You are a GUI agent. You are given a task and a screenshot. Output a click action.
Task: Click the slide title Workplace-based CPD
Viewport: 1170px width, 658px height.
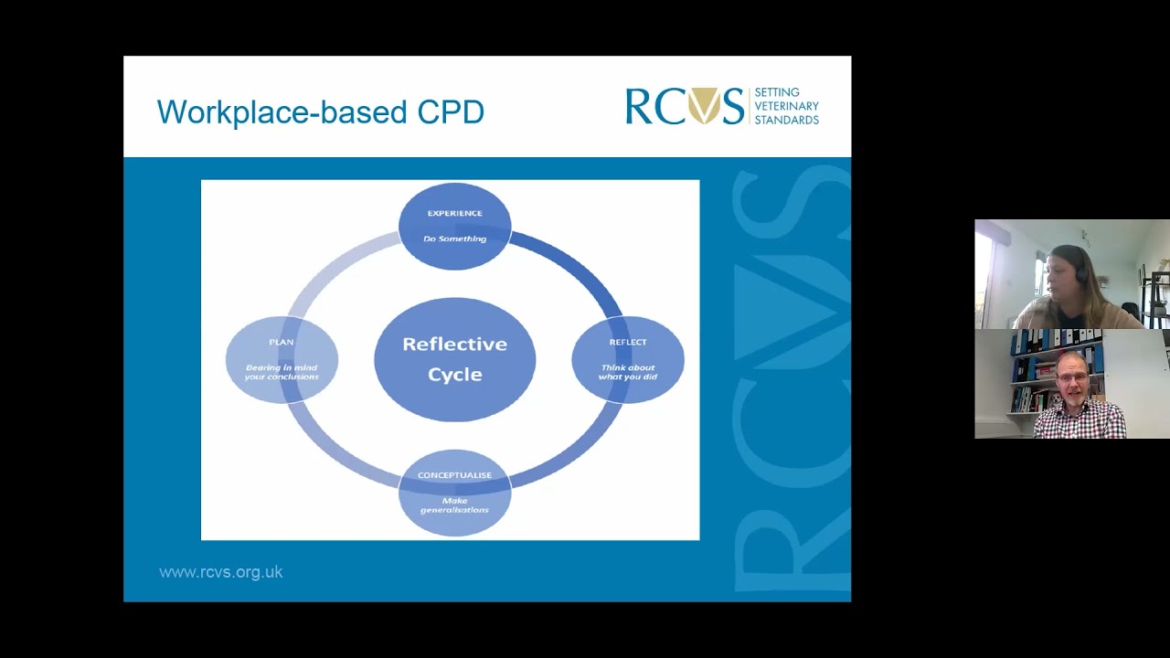[320, 111]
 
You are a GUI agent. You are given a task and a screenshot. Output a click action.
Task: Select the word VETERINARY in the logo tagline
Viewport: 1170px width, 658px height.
[787, 106]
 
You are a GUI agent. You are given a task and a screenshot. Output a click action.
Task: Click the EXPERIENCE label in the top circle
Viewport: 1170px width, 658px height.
[454, 213]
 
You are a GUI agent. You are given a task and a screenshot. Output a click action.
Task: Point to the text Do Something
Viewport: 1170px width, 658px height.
[454, 239]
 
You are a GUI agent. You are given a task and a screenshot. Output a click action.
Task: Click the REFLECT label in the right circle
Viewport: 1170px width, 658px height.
[628, 342]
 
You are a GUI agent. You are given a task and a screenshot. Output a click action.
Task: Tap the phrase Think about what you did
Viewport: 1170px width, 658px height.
[628, 372]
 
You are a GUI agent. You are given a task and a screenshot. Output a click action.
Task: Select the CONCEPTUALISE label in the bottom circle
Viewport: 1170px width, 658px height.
[454, 475]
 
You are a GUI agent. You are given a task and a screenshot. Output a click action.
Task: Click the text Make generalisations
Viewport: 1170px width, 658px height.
[454, 505]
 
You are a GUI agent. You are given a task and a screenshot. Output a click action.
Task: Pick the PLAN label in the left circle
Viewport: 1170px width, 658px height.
[281, 342]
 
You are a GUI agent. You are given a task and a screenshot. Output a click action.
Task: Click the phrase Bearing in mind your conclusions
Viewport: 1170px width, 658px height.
[281, 372]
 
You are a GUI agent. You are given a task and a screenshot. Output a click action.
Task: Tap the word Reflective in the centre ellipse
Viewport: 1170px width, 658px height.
[454, 345]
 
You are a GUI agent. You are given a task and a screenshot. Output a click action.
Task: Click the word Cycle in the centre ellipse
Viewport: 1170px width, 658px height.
[454, 375]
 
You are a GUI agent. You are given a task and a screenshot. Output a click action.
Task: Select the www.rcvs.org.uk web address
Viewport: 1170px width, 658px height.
[220, 572]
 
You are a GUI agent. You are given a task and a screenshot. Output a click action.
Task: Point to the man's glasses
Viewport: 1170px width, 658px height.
[1072, 376]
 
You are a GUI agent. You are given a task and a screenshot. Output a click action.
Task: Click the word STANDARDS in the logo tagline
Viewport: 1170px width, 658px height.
[787, 120]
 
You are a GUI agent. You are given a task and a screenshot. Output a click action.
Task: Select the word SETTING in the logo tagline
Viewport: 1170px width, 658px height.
[777, 92]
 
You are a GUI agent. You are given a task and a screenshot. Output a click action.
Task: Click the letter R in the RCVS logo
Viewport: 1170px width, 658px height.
[638, 106]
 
